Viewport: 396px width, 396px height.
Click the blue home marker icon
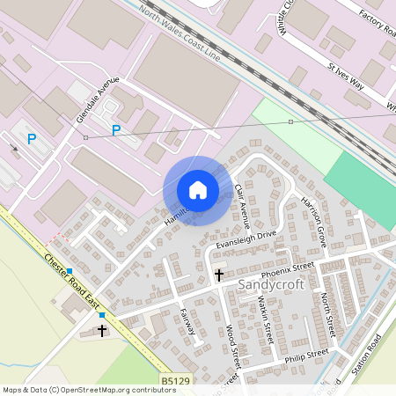(x=198, y=189)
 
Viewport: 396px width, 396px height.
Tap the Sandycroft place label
(x=268, y=284)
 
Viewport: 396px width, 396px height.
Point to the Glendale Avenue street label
(x=98, y=100)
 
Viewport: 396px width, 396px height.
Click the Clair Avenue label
(x=244, y=202)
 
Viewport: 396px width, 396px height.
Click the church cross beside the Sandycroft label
(x=219, y=276)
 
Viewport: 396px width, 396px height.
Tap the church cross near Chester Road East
(x=102, y=331)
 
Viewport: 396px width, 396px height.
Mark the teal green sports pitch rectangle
(x=361, y=192)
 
